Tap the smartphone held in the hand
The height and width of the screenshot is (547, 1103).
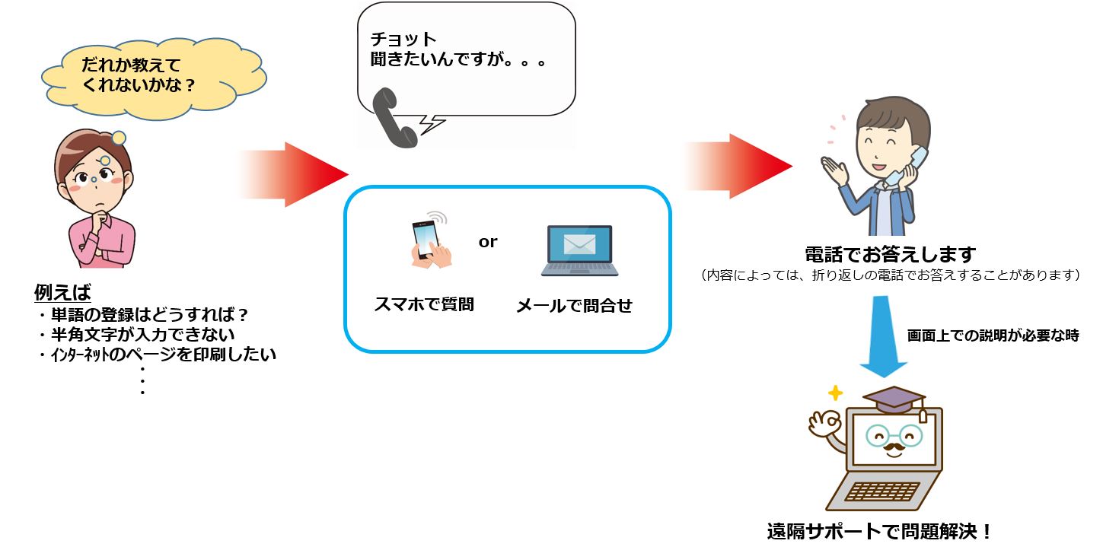click(425, 240)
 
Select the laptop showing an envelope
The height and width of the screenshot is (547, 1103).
click(579, 250)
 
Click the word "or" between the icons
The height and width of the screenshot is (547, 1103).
click(488, 242)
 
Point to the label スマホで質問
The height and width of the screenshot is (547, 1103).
click(424, 304)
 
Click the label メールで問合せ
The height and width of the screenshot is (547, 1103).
click(574, 306)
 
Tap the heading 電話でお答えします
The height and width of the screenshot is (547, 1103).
click(891, 255)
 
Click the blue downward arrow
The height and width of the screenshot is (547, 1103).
click(883, 336)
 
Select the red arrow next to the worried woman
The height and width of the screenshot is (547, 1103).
click(294, 174)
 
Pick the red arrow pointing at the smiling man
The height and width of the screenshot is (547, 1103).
click(738, 166)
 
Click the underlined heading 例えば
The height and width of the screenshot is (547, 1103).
click(62, 292)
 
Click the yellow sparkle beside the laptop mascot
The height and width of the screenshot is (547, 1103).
click(835, 393)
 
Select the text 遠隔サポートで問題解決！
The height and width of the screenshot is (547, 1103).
click(879, 531)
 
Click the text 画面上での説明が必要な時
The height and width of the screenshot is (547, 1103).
click(993, 336)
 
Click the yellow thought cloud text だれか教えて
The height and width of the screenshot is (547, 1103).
click(131, 65)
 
